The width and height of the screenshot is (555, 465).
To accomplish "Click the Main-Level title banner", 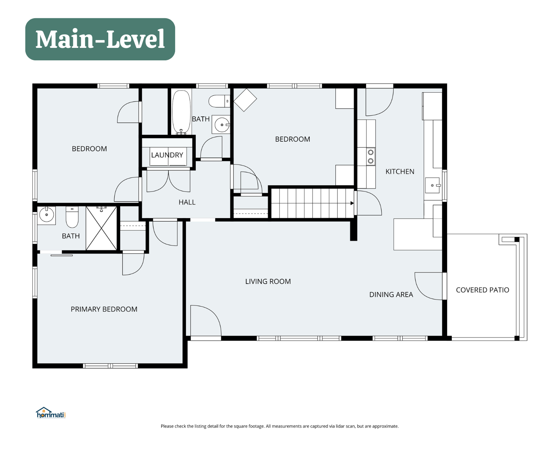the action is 100,39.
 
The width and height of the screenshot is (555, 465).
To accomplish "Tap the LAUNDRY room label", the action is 167,155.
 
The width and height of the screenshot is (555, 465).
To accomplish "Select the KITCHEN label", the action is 400,172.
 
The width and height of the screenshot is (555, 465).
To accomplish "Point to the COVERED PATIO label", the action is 482,290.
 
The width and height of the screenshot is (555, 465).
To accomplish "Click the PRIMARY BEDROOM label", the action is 104,309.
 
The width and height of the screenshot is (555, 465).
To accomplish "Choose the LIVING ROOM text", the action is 268,282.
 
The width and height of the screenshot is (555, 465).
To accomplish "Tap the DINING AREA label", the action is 391,295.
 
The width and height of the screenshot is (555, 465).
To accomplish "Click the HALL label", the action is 187,202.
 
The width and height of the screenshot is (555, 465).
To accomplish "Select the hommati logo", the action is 51,413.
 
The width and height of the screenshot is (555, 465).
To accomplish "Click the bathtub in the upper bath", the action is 182,112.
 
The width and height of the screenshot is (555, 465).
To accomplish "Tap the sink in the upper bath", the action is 222,125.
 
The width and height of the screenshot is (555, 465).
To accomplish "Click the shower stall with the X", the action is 101,228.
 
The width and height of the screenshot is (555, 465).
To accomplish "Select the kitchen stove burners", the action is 370,156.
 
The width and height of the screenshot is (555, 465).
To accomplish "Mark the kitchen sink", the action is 433,185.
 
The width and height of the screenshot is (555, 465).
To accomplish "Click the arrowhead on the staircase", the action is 352,203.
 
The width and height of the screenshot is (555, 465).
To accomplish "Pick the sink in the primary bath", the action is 47,214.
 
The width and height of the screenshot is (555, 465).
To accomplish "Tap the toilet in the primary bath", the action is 72,217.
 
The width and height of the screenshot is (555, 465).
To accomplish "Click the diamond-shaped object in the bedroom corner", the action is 245,100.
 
